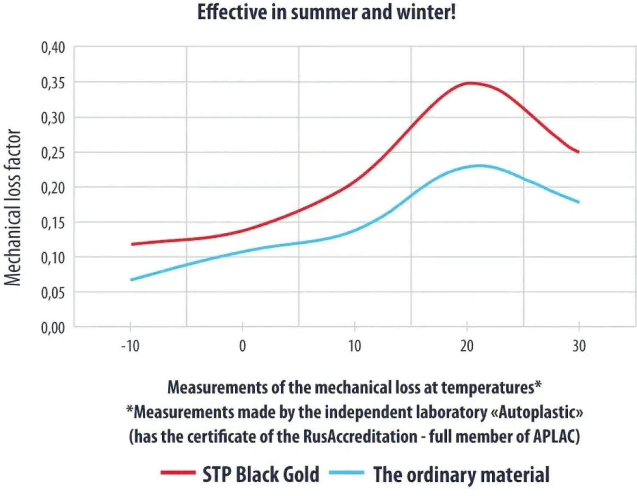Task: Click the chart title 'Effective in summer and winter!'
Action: [327, 12]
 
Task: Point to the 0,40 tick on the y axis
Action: [53, 48]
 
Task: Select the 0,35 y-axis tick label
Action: [53, 83]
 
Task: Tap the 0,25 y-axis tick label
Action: [53, 153]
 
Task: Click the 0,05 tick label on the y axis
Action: [53, 293]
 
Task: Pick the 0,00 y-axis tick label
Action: [53, 328]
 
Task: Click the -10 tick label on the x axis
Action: [130, 346]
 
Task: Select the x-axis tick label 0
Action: [242, 346]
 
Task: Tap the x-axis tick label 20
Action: [467, 346]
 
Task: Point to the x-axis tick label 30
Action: [579, 346]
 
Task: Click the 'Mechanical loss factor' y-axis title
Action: [13, 208]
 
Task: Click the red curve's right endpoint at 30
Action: [579, 152]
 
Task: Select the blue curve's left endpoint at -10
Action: [131, 280]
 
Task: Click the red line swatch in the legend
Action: [178, 473]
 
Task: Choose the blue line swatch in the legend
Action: [347, 473]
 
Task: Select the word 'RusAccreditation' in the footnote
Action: [360, 437]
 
